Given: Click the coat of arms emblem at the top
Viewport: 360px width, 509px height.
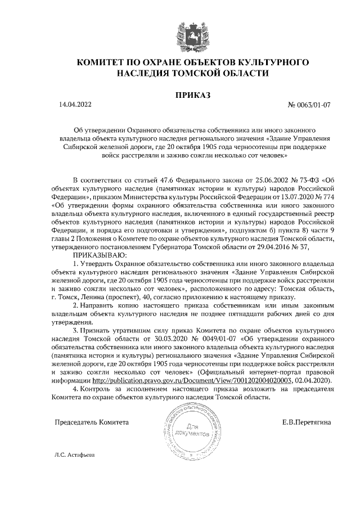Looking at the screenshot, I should point(179,32).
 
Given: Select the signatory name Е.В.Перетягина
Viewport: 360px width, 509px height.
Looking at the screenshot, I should point(307,421).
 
